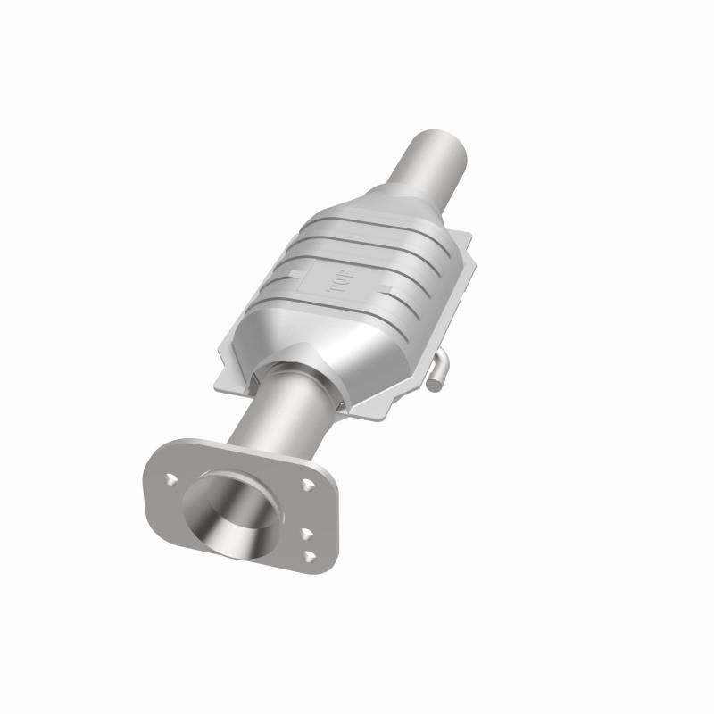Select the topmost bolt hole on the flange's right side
pyautogui.click(x=308, y=486)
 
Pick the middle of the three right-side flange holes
pyautogui.click(x=306, y=534)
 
